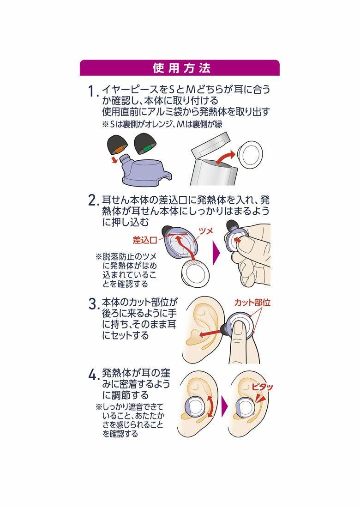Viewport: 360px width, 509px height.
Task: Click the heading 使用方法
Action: coord(180,68)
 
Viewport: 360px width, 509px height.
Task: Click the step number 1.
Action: coord(93,91)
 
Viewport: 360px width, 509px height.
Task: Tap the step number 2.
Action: coord(93,200)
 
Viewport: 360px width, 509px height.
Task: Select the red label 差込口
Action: coord(144,240)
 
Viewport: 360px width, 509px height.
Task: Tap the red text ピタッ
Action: coord(262,387)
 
